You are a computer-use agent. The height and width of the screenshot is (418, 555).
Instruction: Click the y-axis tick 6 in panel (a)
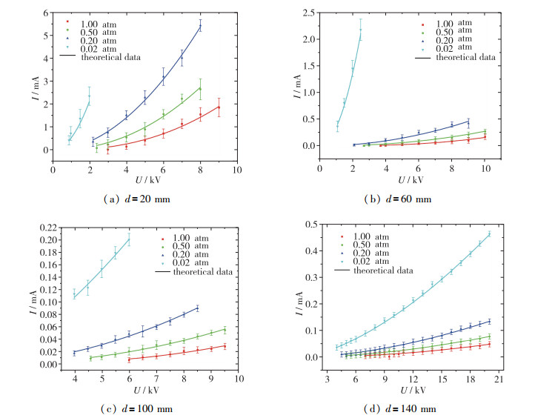[44, 13]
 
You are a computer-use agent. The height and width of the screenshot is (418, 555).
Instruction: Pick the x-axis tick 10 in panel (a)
[236, 170]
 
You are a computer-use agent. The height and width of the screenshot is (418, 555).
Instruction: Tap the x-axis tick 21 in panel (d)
[498, 379]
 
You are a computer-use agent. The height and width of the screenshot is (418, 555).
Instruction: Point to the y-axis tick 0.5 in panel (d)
[313, 224]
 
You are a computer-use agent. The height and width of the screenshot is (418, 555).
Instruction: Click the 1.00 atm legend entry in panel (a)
[93, 22]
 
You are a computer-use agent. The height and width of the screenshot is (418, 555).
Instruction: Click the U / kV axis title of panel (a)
[144, 180]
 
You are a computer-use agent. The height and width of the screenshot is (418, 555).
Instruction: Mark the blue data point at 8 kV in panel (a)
[200, 26]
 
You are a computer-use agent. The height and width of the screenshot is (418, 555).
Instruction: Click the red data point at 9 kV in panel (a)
[219, 107]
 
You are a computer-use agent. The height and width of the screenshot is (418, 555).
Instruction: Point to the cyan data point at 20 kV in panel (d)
[489, 234]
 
